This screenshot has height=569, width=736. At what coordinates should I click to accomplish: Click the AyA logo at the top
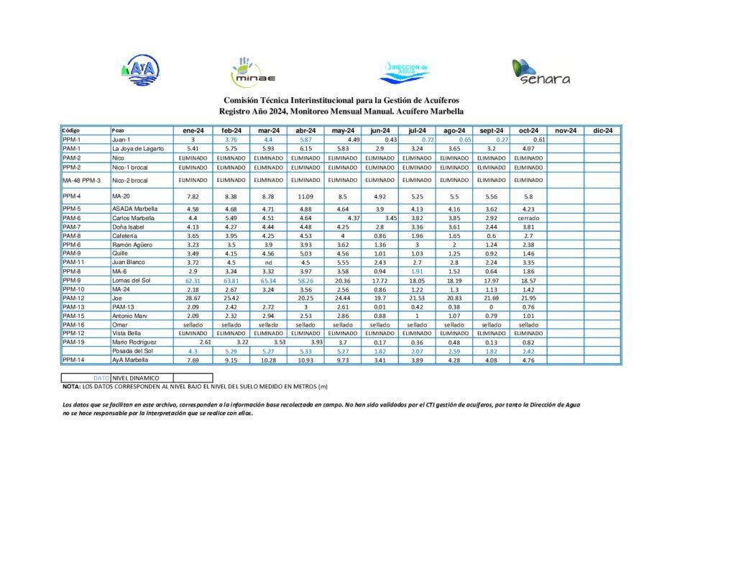(x=140, y=70)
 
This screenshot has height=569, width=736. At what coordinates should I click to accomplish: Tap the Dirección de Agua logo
(x=405, y=71)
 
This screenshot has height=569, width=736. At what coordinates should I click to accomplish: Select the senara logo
(x=540, y=72)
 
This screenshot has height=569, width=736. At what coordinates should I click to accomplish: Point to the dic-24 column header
(x=602, y=130)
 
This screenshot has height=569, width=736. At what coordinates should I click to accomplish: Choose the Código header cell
(x=71, y=130)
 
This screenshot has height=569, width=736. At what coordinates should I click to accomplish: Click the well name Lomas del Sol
(x=130, y=280)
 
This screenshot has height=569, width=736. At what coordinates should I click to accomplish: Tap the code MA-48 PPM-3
(x=81, y=181)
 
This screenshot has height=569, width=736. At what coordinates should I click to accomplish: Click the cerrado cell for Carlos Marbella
(x=528, y=218)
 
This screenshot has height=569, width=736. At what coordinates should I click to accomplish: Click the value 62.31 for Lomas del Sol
(x=193, y=280)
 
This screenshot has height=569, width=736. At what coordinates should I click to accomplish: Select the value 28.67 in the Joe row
(x=193, y=297)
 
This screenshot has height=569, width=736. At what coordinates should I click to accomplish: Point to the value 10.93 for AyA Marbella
(x=305, y=360)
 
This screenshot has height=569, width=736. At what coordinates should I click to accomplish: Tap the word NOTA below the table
(x=72, y=387)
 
